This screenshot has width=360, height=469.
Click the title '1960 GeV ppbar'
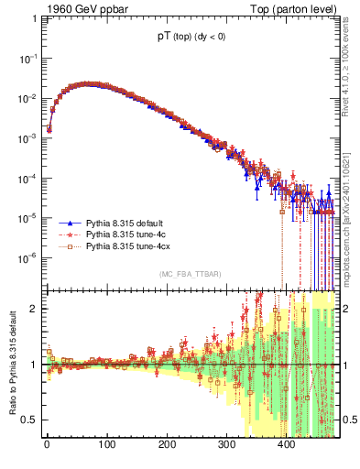click(80, 10)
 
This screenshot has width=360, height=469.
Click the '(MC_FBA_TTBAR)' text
click(189, 275)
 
